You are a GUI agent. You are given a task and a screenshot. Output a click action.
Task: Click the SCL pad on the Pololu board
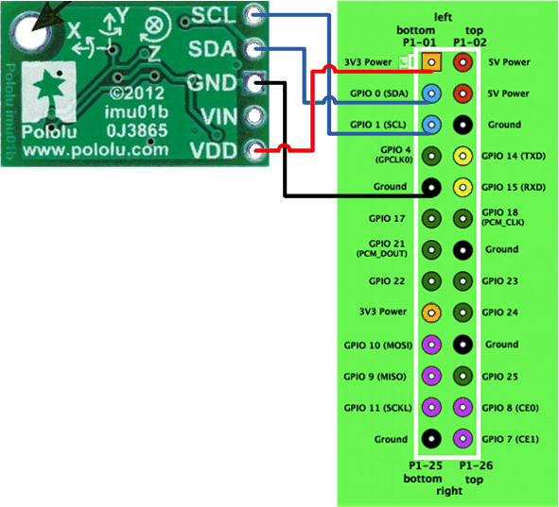click(253, 15)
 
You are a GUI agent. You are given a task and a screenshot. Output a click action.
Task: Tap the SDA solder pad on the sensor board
click(253, 49)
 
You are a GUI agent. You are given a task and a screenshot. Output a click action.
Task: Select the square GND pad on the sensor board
click(253, 83)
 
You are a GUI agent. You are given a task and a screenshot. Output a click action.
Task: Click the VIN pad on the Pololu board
click(253, 117)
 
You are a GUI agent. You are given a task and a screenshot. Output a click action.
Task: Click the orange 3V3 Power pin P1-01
click(431, 62)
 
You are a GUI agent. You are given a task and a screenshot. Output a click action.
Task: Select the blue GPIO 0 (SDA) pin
click(431, 93)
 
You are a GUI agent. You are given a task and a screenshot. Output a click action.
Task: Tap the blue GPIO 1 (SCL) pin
click(431, 125)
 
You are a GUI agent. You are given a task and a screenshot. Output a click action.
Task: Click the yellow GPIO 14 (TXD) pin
click(463, 156)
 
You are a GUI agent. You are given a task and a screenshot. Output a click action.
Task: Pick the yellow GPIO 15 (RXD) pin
click(463, 187)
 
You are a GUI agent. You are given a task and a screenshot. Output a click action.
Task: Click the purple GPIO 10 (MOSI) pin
click(431, 344)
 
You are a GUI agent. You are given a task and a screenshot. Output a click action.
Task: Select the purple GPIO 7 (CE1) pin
click(463, 438)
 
